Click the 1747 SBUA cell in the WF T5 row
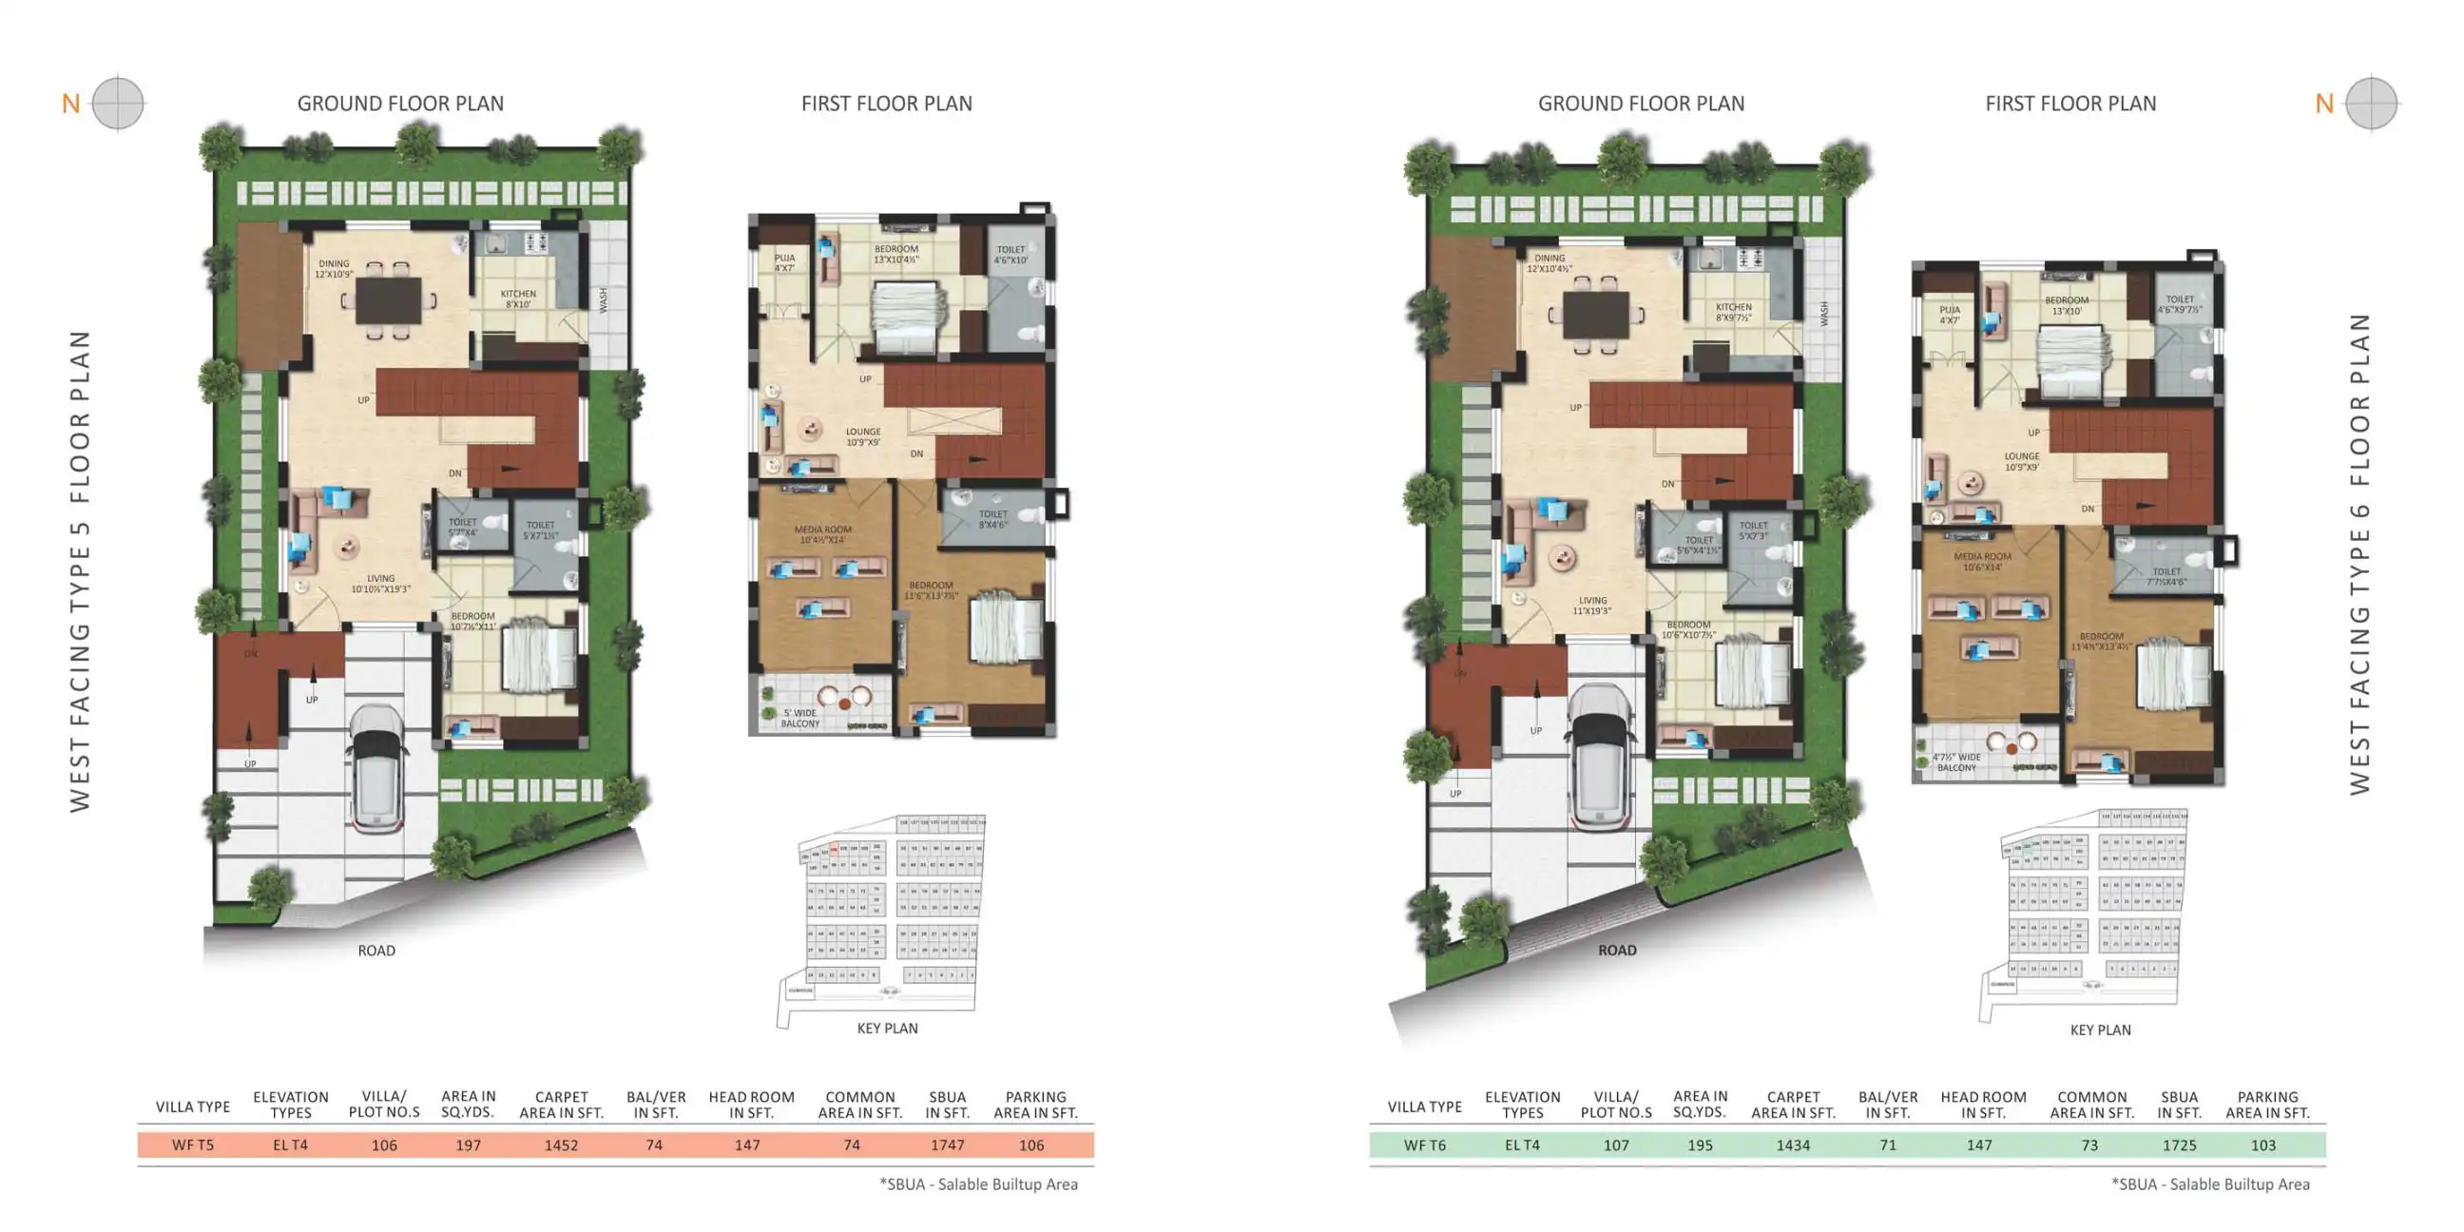(947, 1145)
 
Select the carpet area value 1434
(1793, 1145)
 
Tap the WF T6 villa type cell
(1424, 1145)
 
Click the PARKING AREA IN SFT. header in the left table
(1035, 1105)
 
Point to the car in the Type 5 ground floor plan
(377, 769)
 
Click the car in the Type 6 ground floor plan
(1599, 758)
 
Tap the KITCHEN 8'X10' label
(517, 299)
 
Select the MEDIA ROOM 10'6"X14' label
(1982, 562)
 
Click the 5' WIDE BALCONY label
(799, 719)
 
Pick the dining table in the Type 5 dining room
(389, 300)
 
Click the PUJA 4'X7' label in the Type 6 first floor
(1950, 315)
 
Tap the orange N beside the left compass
(70, 104)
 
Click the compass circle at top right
(2371, 104)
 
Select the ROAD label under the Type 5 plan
(375, 951)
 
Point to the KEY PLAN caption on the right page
(2100, 1030)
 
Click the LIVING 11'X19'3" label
(1591, 606)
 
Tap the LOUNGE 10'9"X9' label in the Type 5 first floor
(863, 437)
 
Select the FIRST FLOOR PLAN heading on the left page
(886, 104)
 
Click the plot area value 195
(1700, 1145)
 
